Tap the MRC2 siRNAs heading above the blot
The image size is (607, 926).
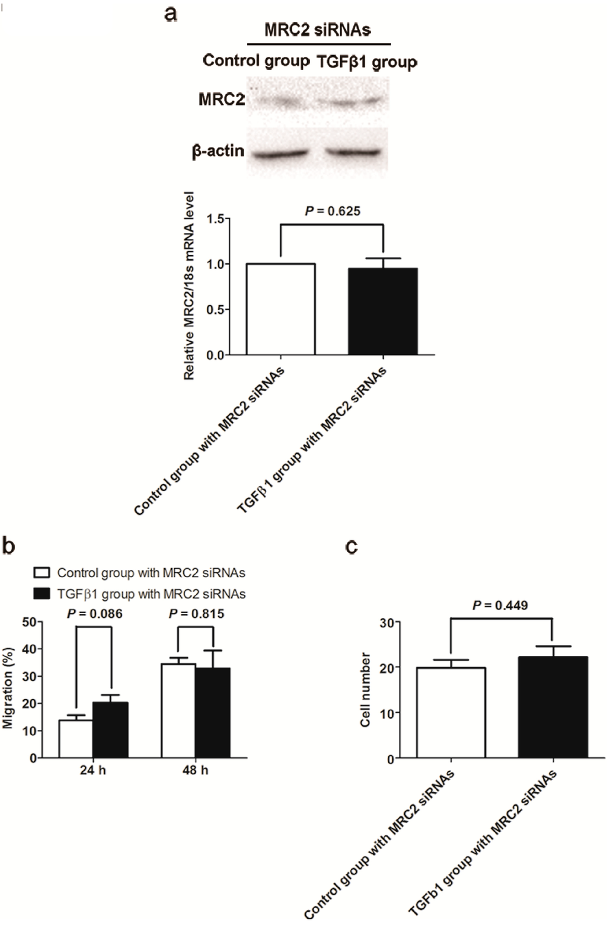318,30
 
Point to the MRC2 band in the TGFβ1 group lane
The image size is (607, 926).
354,102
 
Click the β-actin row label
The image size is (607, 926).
218,151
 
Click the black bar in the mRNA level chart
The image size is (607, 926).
383,312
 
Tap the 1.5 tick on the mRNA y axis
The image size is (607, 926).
221,219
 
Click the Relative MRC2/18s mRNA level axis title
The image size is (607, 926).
190,285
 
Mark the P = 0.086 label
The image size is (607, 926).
94,614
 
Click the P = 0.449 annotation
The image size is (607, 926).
500,605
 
